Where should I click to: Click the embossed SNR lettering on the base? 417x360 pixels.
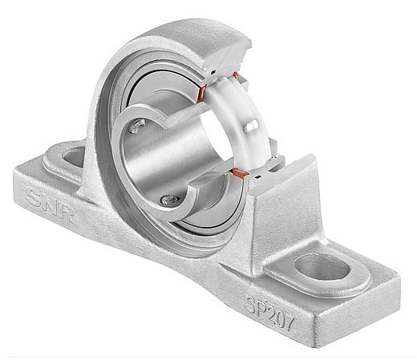pos(50,205)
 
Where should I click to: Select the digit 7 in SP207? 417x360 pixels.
pos(288,322)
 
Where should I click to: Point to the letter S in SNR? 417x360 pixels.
pos(34,198)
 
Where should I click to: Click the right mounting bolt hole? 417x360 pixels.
pos(322,267)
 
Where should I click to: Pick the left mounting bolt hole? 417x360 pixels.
pos(74,158)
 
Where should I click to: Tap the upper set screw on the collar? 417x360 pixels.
pos(137,126)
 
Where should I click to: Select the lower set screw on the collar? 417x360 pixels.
pos(170,199)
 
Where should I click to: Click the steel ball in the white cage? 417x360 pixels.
pos(251,126)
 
